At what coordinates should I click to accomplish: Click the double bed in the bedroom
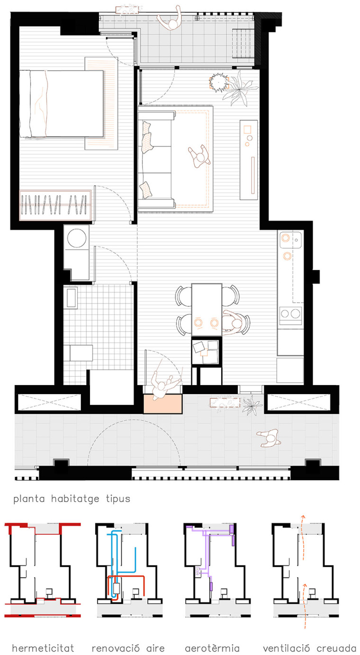62,104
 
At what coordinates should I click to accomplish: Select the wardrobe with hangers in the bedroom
55,205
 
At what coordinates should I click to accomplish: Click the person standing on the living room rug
199,156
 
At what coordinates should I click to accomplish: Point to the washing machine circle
77,237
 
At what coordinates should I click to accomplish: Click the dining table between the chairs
207,309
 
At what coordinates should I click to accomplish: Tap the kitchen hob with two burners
290,314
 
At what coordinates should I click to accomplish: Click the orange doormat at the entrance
162,404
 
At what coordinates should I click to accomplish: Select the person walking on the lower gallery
269,438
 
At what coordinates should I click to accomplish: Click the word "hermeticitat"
43,648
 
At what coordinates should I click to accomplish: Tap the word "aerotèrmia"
212,648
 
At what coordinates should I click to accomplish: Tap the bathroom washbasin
71,298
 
